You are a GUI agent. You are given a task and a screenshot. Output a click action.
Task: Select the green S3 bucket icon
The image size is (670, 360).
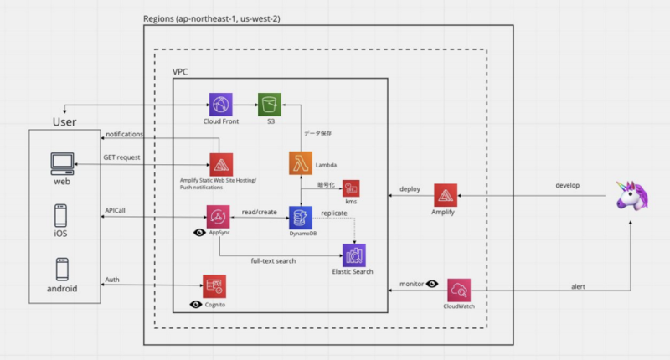(270, 105)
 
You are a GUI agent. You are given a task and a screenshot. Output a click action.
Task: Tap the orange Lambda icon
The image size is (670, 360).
(301, 163)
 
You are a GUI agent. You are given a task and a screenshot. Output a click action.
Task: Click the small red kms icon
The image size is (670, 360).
(351, 188)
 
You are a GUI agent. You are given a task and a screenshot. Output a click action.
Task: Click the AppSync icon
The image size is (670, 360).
(219, 218)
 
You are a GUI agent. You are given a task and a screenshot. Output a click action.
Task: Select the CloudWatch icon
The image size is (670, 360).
(460, 291)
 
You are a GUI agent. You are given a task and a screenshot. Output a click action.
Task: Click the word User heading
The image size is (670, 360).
(64, 122)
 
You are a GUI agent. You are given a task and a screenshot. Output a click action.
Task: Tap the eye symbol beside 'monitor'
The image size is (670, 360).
(432, 285)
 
